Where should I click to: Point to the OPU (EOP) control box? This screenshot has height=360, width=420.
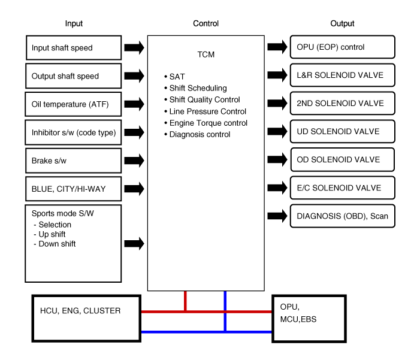pyautogui.click(x=342, y=47)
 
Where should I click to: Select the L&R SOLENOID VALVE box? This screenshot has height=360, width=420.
pyautogui.click(x=343, y=75)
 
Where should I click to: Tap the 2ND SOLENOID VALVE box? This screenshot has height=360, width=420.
pyautogui.click(x=343, y=103)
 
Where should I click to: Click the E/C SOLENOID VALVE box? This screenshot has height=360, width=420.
pyautogui.click(x=343, y=188)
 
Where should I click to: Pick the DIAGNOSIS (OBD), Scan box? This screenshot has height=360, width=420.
pyautogui.click(x=343, y=216)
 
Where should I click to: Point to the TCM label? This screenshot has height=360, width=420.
pyautogui.click(x=206, y=55)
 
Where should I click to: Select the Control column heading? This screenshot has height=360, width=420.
pyautogui.click(x=206, y=24)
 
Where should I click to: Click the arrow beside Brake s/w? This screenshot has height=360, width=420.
pyautogui.click(x=134, y=160)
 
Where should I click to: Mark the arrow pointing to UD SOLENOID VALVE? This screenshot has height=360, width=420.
pyautogui.click(x=278, y=131)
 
